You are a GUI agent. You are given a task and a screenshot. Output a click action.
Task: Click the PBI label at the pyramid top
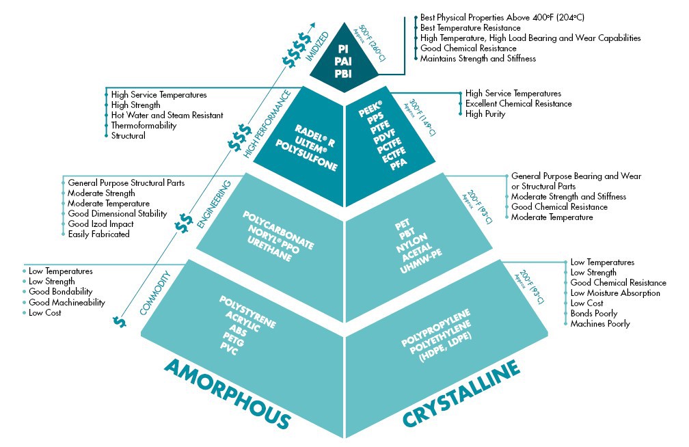(342, 74)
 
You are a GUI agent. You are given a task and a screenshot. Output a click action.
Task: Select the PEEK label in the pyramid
(370, 109)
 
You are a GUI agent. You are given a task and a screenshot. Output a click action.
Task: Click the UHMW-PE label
(420, 262)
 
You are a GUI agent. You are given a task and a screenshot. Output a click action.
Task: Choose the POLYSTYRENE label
(247, 312)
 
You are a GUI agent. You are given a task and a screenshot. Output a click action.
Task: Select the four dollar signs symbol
(297, 50)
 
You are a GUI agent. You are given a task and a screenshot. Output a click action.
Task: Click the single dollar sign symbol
(119, 322)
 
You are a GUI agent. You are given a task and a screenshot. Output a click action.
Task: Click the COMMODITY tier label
(155, 293)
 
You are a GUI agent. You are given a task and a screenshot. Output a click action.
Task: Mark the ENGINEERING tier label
(214, 204)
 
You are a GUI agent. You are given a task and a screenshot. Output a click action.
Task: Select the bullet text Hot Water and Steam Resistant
(167, 115)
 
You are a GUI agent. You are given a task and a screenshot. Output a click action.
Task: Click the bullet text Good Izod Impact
(100, 223)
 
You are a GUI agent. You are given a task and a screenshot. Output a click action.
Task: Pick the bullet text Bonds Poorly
(593, 314)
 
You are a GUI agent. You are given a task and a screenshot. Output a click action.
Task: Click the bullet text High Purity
(485, 114)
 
